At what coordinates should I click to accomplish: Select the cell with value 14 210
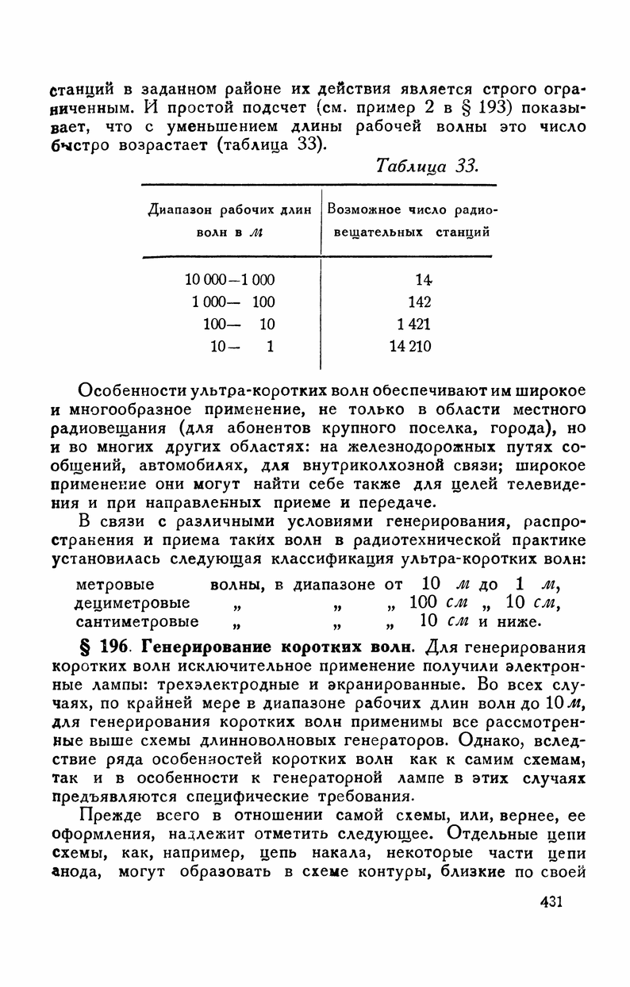point(410,346)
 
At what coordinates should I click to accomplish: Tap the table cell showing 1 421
point(412,324)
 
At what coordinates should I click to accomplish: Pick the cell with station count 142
point(420,301)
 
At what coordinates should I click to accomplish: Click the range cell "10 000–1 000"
point(229,279)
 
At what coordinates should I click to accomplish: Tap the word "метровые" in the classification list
point(114,586)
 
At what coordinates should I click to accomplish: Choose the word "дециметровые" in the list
point(132,603)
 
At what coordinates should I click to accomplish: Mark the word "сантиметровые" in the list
point(137,620)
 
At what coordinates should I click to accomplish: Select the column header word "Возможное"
point(365,210)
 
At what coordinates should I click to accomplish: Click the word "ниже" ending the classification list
point(520,620)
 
